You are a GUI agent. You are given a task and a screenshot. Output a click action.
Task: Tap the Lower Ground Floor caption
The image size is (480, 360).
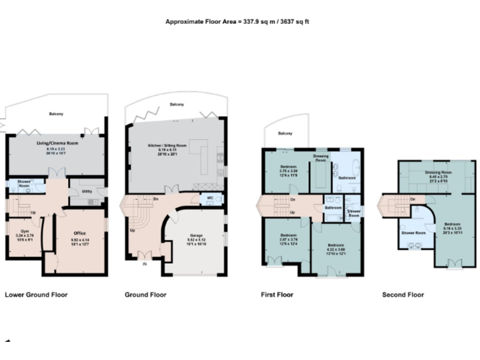pos(36,294)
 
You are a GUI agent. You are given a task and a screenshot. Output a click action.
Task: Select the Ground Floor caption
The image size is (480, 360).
pos(145,294)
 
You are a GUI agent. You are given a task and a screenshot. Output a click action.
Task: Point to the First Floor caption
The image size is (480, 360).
pos(277,294)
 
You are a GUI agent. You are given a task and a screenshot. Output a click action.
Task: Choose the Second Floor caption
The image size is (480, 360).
pos(403,294)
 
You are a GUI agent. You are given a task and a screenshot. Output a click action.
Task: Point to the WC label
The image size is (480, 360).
pos(209,200)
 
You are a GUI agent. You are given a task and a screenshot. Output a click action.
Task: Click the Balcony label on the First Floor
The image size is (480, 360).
pos(285,134)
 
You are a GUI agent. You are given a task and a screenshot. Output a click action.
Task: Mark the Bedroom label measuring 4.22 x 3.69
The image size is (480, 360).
pos(336,246)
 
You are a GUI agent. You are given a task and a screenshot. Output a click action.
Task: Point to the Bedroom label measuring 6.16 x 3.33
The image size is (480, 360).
pos(453,223)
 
